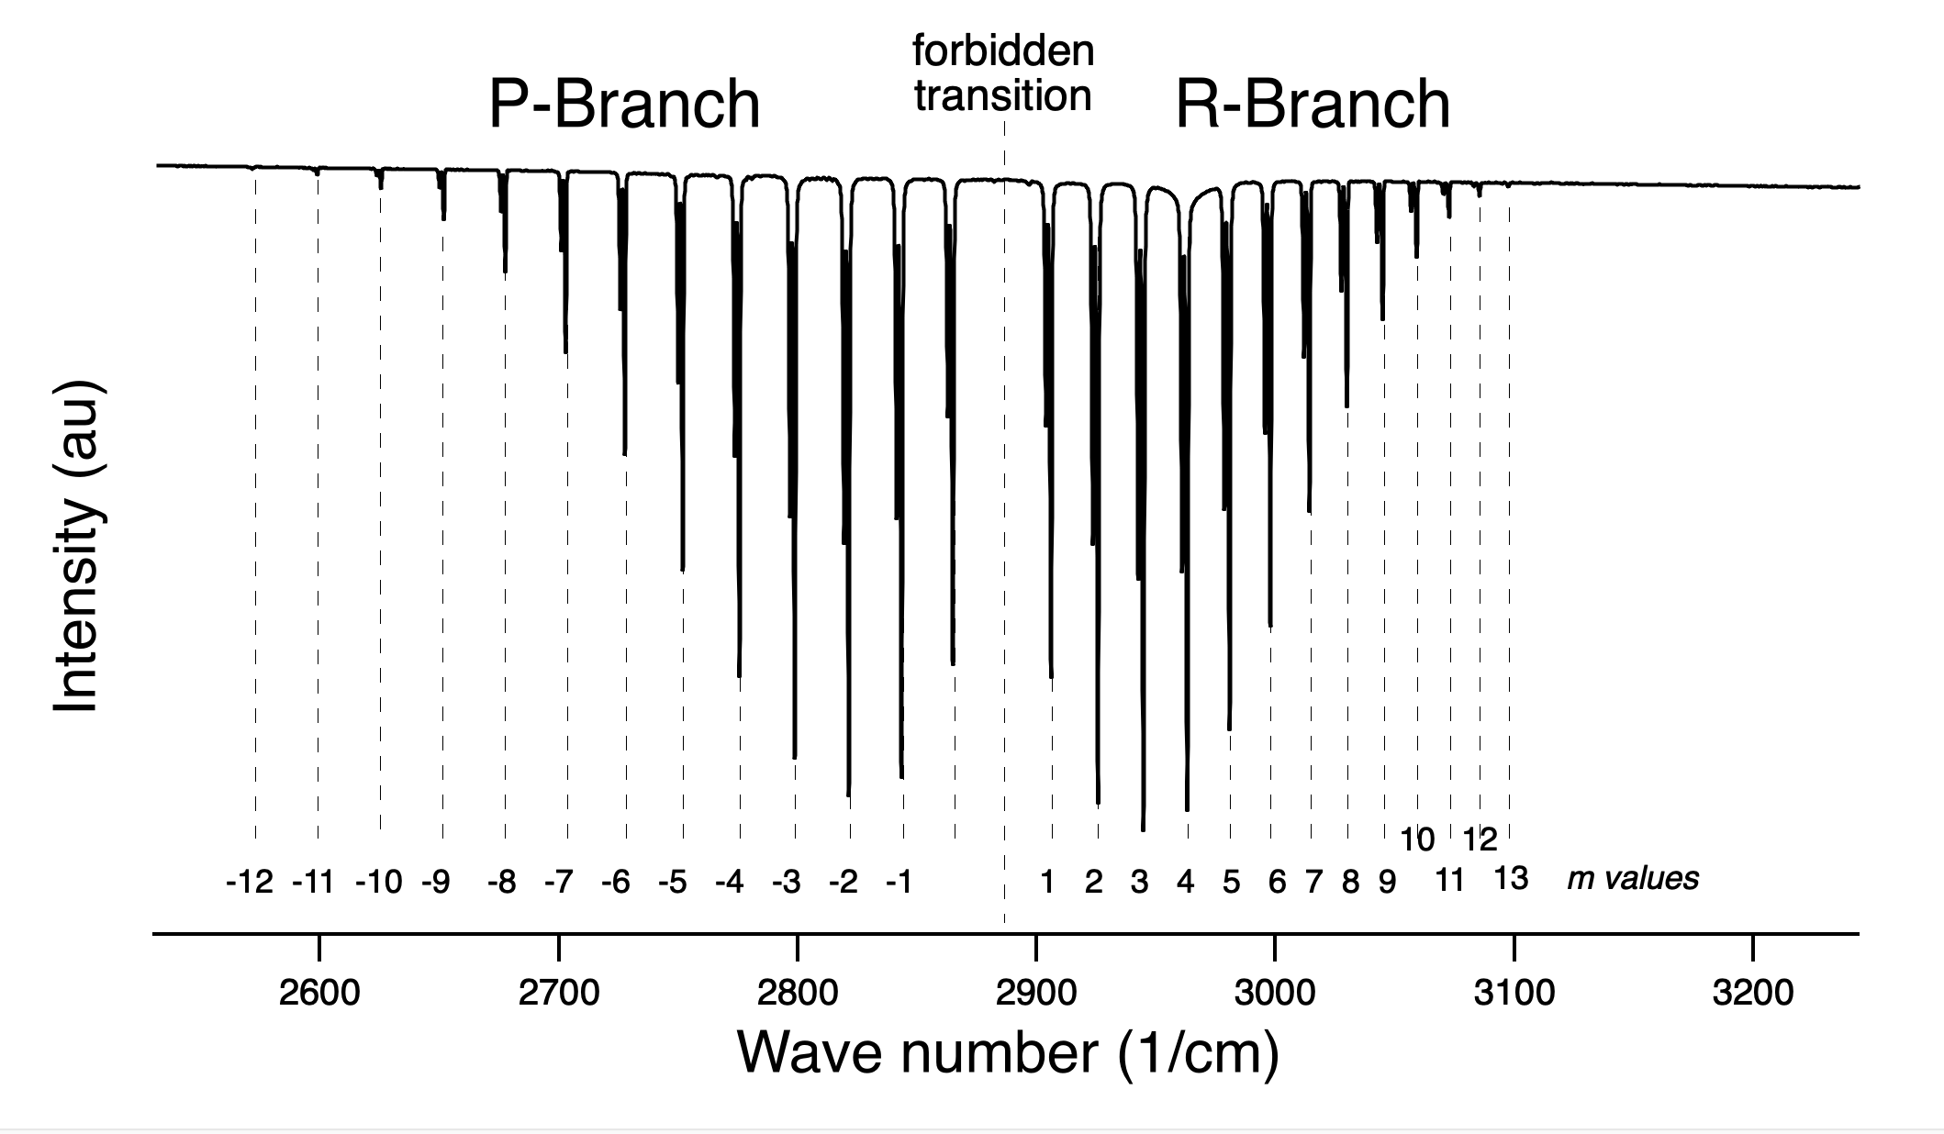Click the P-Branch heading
(624, 105)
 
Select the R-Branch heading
(1313, 105)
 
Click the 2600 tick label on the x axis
(318, 993)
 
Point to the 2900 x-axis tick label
(1035, 993)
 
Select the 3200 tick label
(1752, 993)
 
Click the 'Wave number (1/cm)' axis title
(1008, 1052)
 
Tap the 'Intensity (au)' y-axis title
(77, 547)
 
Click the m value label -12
(250, 883)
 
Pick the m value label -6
(616, 883)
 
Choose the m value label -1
(899, 883)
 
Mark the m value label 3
(1139, 883)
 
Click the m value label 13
(1511, 879)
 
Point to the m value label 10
(1416, 839)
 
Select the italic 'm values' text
(1633, 879)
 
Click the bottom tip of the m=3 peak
(1143, 830)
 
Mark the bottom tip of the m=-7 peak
(565, 353)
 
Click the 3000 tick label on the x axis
(1274, 993)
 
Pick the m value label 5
(1231, 883)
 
